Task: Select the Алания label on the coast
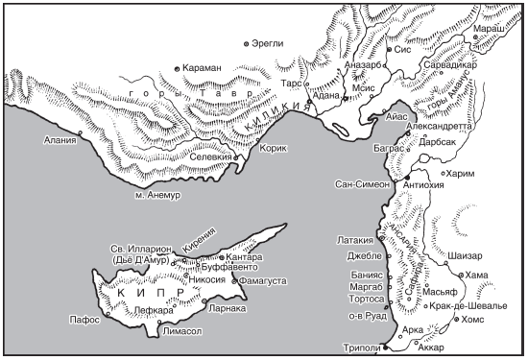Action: pos(60,140)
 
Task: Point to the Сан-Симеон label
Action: pos(362,183)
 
